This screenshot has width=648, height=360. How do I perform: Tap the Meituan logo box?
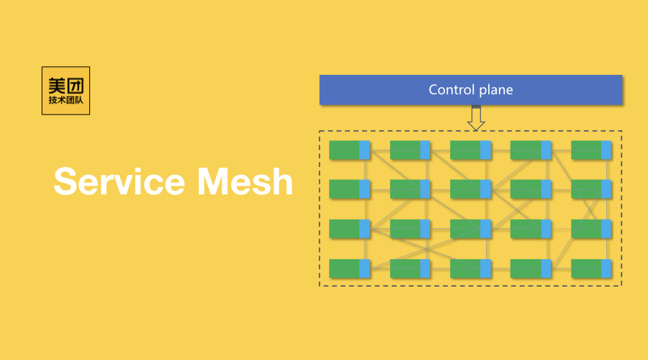pyautogui.click(x=66, y=91)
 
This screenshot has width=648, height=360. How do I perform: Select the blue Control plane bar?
pyautogui.click(x=470, y=90)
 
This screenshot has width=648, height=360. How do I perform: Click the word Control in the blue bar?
pyautogui.click(x=451, y=90)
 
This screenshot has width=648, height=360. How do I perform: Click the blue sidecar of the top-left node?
pyautogui.click(x=364, y=150)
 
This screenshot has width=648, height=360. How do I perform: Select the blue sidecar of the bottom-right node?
pyautogui.click(x=606, y=269)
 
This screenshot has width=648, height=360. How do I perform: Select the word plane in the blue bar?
pyautogui.click(x=495, y=90)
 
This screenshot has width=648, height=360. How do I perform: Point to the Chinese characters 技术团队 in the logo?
pyautogui.click(x=66, y=101)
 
